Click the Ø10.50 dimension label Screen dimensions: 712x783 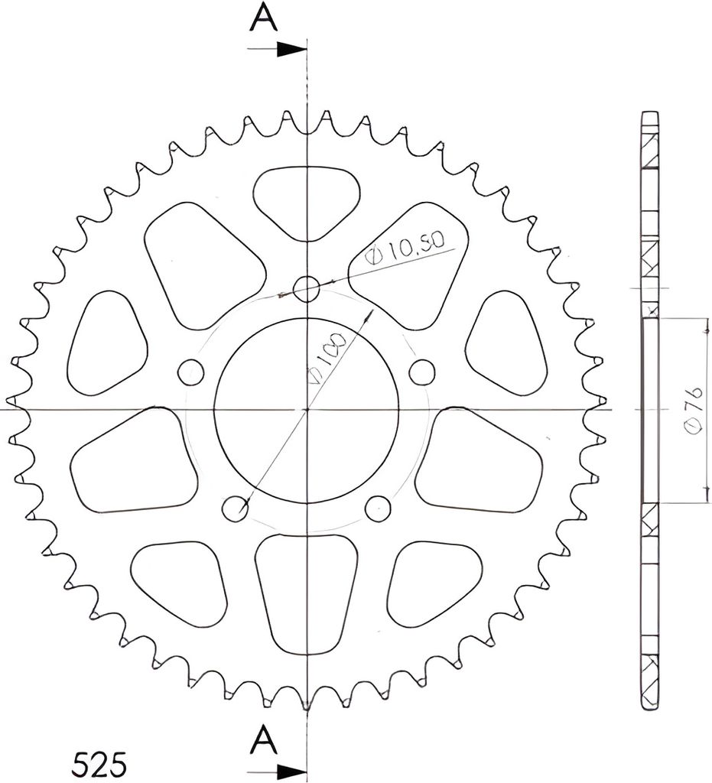pos(405,249)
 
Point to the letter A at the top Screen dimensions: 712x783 pos(264,18)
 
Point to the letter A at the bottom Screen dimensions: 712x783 pos(263,740)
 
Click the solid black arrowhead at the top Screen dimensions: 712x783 pos(291,49)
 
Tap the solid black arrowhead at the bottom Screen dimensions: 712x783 pos(291,769)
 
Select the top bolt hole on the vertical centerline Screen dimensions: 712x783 pos(306,288)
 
